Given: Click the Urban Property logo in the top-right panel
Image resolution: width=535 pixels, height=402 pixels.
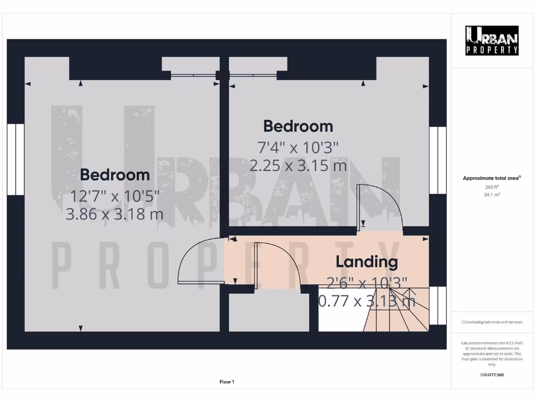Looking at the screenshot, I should coord(492,40).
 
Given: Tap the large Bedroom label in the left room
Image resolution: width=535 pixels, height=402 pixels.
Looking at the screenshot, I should coord(115,174).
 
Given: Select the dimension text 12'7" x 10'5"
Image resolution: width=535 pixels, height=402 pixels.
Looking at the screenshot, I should coord(115,196).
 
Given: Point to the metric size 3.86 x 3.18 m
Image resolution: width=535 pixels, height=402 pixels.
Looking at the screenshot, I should coord(115,214).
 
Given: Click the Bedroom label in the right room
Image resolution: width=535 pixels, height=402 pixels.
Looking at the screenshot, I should coord(298,126).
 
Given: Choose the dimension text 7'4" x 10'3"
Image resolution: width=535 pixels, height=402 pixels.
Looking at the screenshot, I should coord(298,148).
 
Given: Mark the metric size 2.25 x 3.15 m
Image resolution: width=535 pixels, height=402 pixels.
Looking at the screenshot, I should coord(298,165).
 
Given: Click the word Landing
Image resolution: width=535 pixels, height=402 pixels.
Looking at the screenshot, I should coord(366,261).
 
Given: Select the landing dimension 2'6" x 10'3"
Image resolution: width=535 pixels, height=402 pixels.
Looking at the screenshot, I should coord(366,283).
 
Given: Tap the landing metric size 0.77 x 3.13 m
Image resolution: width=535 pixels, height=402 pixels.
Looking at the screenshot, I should coord(366,300).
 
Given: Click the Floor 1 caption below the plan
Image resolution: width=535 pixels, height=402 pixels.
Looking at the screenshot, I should coord(227,382).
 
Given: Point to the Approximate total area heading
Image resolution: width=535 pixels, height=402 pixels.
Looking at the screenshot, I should coord(492,178).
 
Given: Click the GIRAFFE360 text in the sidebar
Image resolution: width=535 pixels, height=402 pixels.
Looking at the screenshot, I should coord(492,375).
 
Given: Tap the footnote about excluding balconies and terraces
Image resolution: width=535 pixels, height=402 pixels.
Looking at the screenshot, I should coord(492,322).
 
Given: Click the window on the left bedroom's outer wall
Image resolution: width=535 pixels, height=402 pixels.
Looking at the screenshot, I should coord(16,159).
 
